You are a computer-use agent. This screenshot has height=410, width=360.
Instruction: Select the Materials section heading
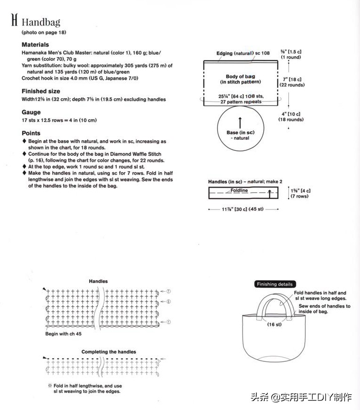click(x=35, y=45)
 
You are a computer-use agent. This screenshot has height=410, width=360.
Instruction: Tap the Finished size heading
click(x=41, y=91)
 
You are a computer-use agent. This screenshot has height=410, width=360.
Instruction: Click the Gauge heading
click(x=31, y=112)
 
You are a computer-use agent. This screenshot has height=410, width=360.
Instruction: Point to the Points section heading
click(x=31, y=133)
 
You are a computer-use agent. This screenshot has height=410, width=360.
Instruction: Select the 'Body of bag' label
click(x=240, y=76)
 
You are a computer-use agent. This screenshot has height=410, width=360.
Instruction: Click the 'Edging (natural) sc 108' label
click(x=243, y=53)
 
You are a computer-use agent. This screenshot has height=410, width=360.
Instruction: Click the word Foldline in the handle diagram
click(x=239, y=191)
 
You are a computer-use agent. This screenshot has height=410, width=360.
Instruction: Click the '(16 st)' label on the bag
click(x=274, y=325)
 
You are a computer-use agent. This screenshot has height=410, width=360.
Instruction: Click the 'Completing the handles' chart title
click(x=109, y=352)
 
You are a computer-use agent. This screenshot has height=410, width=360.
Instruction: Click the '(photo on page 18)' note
click(x=44, y=33)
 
